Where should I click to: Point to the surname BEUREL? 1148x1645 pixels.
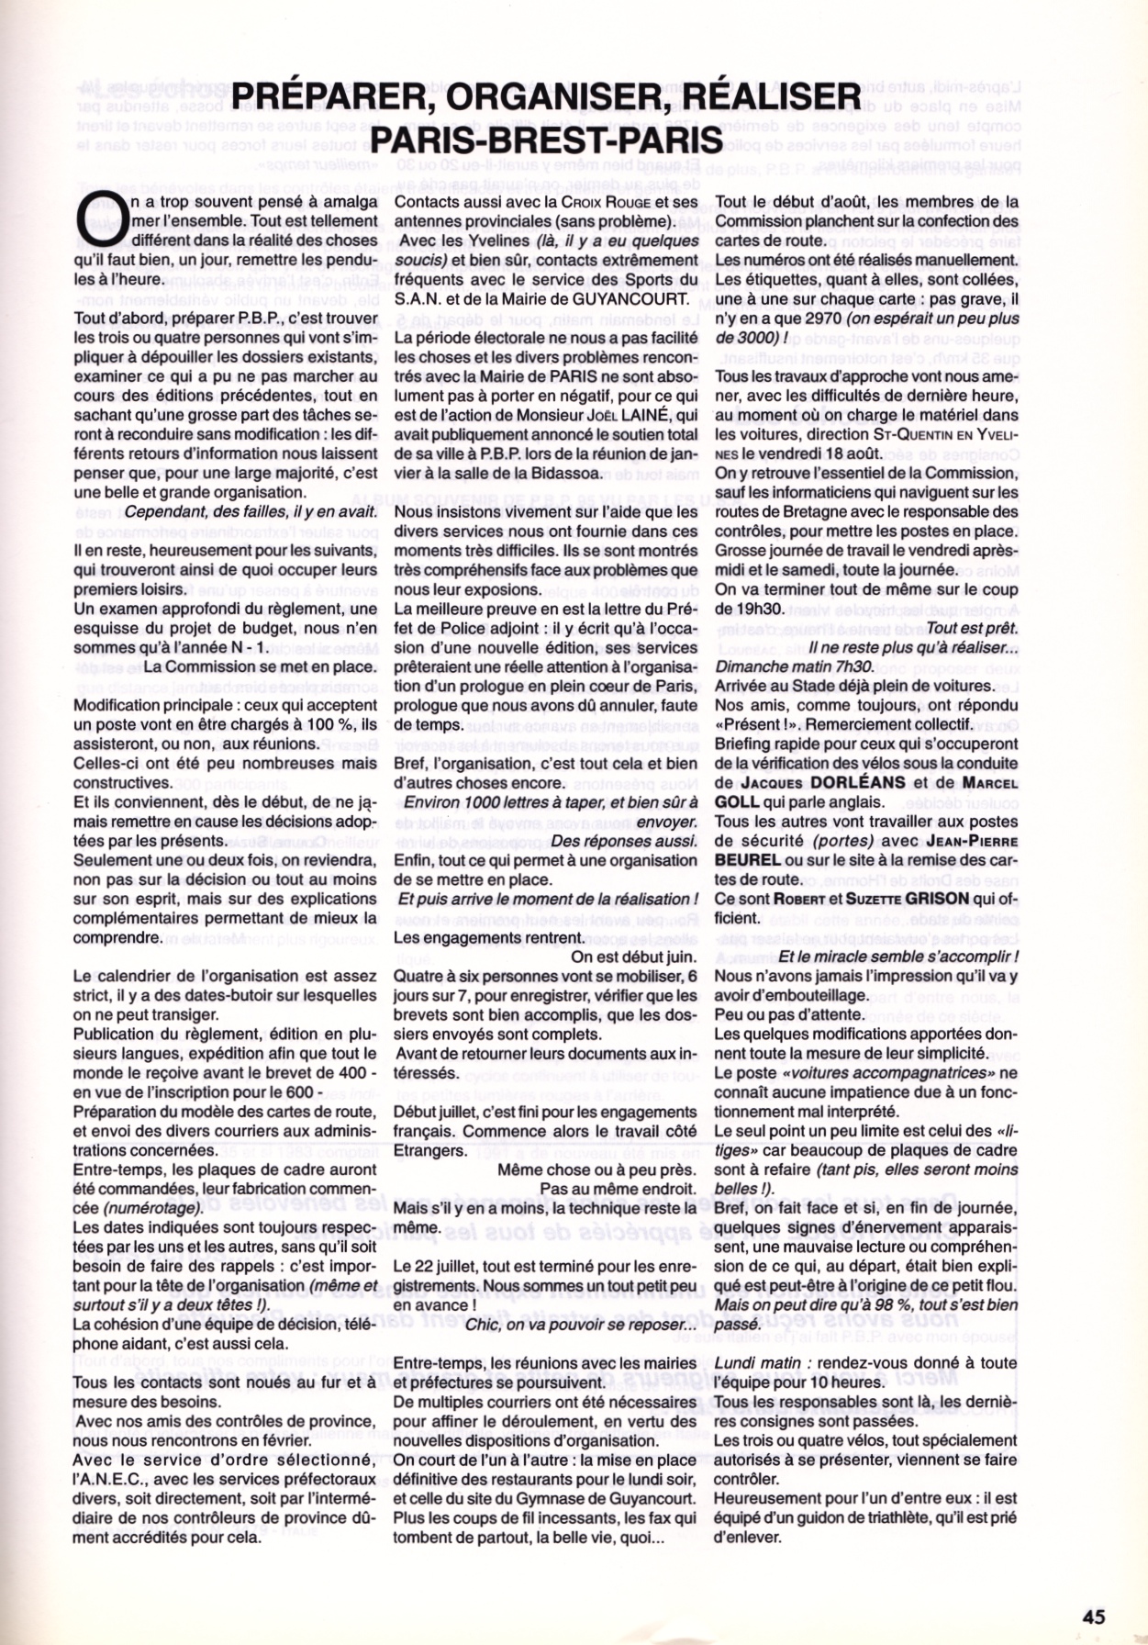[747, 860]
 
